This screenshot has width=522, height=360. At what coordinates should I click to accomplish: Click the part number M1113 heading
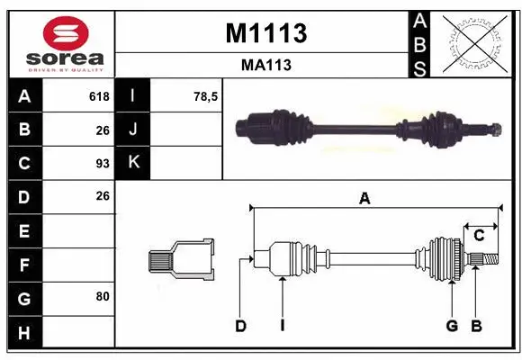coord(265,33)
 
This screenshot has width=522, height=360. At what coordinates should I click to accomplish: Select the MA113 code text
coord(265,65)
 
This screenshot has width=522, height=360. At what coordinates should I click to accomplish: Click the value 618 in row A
coord(99,96)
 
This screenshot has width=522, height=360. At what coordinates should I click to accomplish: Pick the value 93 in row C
coord(102,164)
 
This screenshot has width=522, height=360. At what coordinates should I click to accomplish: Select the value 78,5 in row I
coord(206,96)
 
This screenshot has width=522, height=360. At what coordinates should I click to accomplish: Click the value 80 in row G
coord(102,295)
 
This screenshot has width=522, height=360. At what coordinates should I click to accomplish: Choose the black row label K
coord(133,163)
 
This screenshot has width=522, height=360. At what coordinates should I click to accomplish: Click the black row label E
coord(23,230)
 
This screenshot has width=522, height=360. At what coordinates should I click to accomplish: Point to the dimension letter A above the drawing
coord(364,199)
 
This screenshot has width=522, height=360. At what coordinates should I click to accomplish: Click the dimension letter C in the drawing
coord(479,236)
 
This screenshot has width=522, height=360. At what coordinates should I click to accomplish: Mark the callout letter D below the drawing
coord(240,326)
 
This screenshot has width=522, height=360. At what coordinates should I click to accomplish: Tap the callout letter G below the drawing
coord(452,326)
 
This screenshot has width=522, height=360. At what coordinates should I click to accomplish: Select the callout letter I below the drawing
coord(282,326)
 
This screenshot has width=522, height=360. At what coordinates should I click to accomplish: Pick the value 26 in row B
coord(102,130)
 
